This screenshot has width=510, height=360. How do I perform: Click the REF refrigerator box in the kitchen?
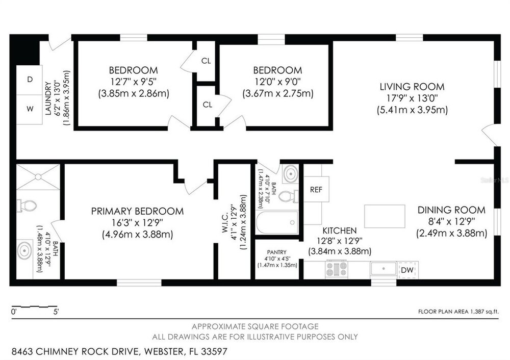coord(316,189)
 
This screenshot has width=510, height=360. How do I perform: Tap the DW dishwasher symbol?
coord(407,270)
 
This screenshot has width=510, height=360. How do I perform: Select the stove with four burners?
coord(337,269)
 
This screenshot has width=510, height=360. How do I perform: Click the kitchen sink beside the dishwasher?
coord(384,269)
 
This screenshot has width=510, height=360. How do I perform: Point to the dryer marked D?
coord(30,80)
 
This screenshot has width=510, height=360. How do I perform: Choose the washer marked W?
coord(30,109)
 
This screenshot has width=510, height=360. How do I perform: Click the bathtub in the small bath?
coord(277,223)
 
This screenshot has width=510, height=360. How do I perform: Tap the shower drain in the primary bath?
coord(38,176)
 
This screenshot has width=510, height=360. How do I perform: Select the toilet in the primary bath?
coord(27,205)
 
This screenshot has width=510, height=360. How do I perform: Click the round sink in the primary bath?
coord(24,251)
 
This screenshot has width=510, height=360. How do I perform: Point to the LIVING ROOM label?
coord(412,87)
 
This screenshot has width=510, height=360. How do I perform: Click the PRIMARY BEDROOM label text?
coord(137,212)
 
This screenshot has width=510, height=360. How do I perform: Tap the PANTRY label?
coord(277,252)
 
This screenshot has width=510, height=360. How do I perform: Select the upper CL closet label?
coord(206,61)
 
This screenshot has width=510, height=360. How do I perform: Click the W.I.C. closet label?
coord(225,223)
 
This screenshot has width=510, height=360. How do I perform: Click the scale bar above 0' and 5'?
coord(34,306)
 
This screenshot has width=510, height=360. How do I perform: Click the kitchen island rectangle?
coord(385,216)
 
